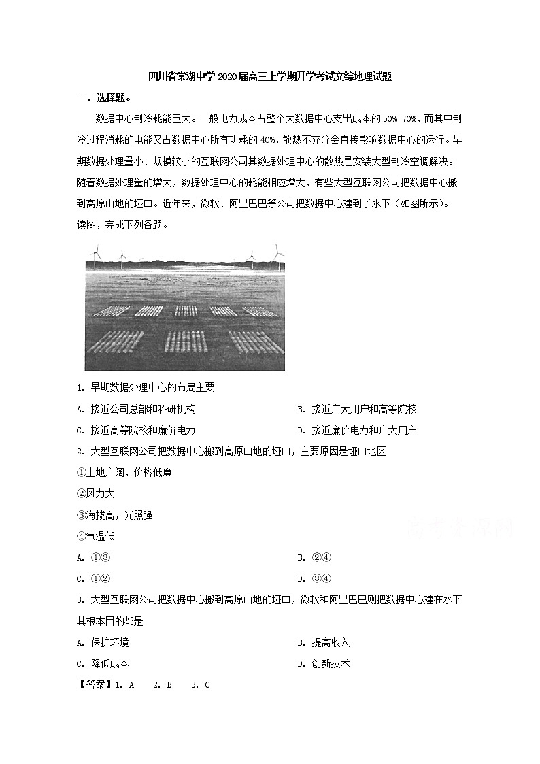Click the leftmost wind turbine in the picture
pos(97,253)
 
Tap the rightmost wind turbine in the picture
pos(277,252)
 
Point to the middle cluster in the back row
pos(186,311)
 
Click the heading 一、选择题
pos(103,97)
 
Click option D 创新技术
pos(324,663)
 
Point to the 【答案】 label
pos(95,685)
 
